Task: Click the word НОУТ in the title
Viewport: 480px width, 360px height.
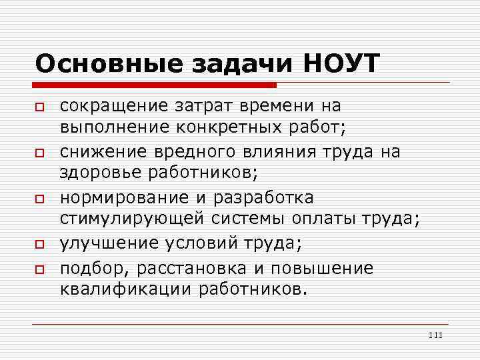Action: (341, 63)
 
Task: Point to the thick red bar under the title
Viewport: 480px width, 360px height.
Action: (155, 85)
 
